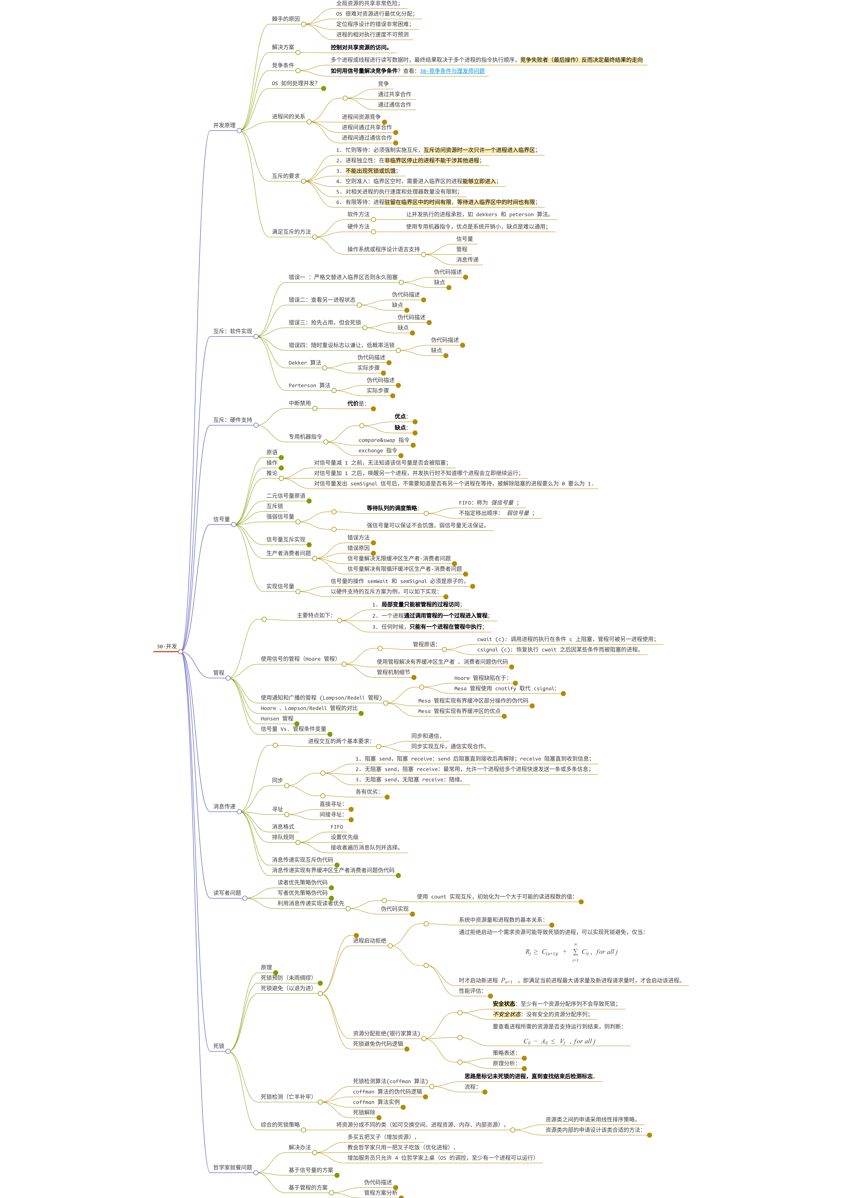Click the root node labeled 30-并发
167,646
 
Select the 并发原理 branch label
224,125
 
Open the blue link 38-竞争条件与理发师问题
452,71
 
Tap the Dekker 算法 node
305,363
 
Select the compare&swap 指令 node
384,440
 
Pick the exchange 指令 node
378,450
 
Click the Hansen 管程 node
277,719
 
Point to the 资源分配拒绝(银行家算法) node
386,1033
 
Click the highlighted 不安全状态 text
507,1014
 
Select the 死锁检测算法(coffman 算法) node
390,1081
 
